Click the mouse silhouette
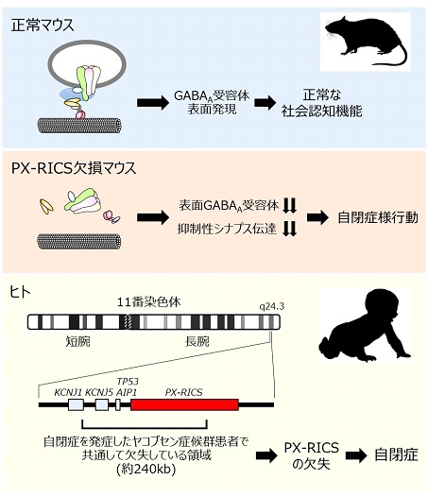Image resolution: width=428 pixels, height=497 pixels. (x=365, y=41)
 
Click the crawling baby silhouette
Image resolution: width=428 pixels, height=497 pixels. (x=365, y=327)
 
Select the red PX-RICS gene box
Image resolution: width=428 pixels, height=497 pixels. (x=184, y=404)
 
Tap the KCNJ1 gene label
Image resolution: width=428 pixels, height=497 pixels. (x=68, y=392)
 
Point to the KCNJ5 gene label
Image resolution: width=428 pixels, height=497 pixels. (x=99, y=392)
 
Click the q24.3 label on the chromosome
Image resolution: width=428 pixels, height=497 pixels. (x=272, y=307)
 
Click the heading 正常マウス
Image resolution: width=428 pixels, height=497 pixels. (x=43, y=26)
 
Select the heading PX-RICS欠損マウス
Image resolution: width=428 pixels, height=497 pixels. (x=74, y=168)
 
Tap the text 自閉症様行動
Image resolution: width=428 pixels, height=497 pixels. (x=378, y=217)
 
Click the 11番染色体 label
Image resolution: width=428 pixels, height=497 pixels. (x=148, y=302)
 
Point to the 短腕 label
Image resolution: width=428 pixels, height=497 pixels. (x=78, y=341)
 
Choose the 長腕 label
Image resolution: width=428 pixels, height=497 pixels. (x=197, y=341)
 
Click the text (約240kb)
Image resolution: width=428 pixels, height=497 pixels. (x=146, y=470)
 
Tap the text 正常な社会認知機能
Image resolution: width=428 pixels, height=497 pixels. (x=322, y=103)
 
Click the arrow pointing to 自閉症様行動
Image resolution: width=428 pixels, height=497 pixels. (x=317, y=217)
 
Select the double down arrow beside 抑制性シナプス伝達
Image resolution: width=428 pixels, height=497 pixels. (x=289, y=229)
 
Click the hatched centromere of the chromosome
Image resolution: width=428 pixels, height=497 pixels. (x=128, y=321)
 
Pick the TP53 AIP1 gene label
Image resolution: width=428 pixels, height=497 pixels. (x=127, y=386)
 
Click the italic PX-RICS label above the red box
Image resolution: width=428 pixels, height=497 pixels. (x=184, y=392)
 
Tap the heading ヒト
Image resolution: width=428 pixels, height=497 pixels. (x=20, y=292)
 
